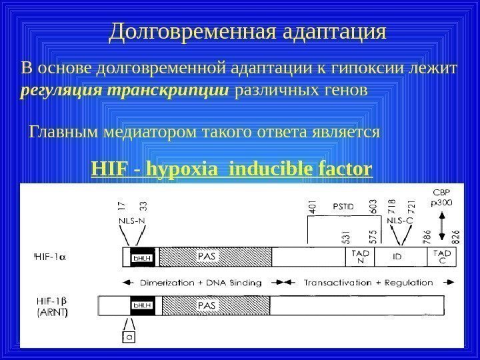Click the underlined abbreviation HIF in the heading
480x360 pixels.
[x=109, y=170]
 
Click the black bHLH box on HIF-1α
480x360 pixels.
[x=141, y=257]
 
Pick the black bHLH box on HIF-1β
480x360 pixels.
[x=141, y=305]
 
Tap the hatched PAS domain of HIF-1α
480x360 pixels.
[x=215, y=257]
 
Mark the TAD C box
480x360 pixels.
[x=442, y=257]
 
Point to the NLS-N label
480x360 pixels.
[x=132, y=218]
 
